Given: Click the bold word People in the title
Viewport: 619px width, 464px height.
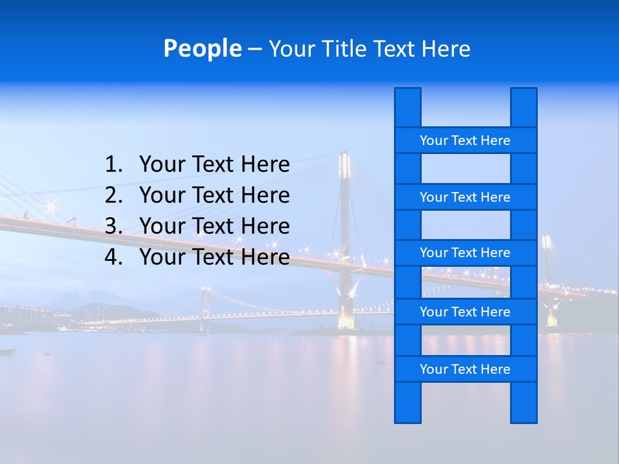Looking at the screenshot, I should [x=202, y=48].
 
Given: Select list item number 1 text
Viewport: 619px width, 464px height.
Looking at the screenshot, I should [x=214, y=165].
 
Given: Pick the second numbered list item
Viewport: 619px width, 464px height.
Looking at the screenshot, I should [x=214, y=195].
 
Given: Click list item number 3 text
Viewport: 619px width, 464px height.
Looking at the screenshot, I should [x=214, y=226].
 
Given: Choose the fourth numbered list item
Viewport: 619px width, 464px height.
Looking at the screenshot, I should [x=214, y=257].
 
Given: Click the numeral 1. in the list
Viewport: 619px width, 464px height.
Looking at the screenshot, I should [x=113, y=165].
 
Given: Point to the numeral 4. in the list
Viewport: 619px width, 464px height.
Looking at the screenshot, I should [x=113, y=257].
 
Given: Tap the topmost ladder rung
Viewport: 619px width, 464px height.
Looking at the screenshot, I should [x=465, y=140].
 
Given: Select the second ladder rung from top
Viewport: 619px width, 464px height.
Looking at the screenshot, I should [x=465, y=197].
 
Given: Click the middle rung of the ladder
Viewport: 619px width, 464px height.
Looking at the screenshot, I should [x=465, y=253].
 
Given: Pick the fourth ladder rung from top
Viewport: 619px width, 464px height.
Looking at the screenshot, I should [x=465, y=311].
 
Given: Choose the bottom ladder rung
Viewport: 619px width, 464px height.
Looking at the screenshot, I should [x=465, y=369].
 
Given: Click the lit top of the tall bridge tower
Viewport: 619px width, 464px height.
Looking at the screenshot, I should [x=344, y=164].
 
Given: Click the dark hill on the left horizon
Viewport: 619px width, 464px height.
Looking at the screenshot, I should [x=103, y=312].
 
